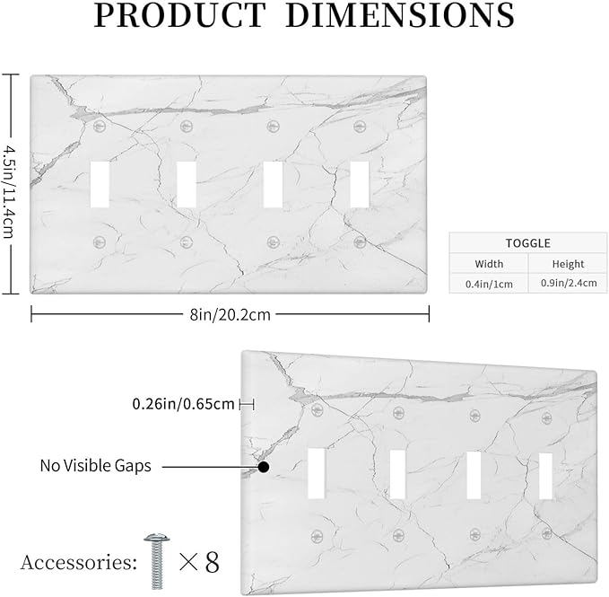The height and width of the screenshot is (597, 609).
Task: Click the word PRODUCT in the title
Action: [179, 14]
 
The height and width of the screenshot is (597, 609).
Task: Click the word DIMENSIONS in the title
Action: [400, 14]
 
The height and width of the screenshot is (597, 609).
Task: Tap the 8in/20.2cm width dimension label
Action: [230, 314]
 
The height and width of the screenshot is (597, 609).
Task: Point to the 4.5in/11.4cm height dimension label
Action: [9, 191]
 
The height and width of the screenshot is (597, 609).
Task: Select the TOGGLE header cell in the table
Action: [527, 243]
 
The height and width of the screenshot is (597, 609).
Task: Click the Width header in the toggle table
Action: [489, 264]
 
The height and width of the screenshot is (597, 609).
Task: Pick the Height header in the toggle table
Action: [568, 264]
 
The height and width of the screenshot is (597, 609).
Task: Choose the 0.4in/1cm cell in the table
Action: [489, 284]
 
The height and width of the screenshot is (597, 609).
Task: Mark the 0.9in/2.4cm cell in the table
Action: [569, 283]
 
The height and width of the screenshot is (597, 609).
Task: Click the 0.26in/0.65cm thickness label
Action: [183, 404]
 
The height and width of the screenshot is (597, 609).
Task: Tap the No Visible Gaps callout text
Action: [96, 466]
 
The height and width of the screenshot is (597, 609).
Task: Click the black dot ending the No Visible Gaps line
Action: [264, 467]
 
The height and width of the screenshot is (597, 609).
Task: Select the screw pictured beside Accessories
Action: [157, 561]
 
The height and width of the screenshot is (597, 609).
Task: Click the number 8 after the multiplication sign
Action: [212, 562]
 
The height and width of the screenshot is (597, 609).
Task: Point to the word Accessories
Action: [78, 562]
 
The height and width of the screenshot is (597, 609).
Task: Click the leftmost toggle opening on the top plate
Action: [100, 184]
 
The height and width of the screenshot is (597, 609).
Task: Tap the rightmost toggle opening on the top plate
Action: [360, 184]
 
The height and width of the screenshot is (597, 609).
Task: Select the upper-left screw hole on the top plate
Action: [100, 126]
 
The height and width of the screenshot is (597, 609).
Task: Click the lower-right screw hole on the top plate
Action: [360, 242]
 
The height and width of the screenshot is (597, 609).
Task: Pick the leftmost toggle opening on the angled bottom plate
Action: [316, 473]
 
